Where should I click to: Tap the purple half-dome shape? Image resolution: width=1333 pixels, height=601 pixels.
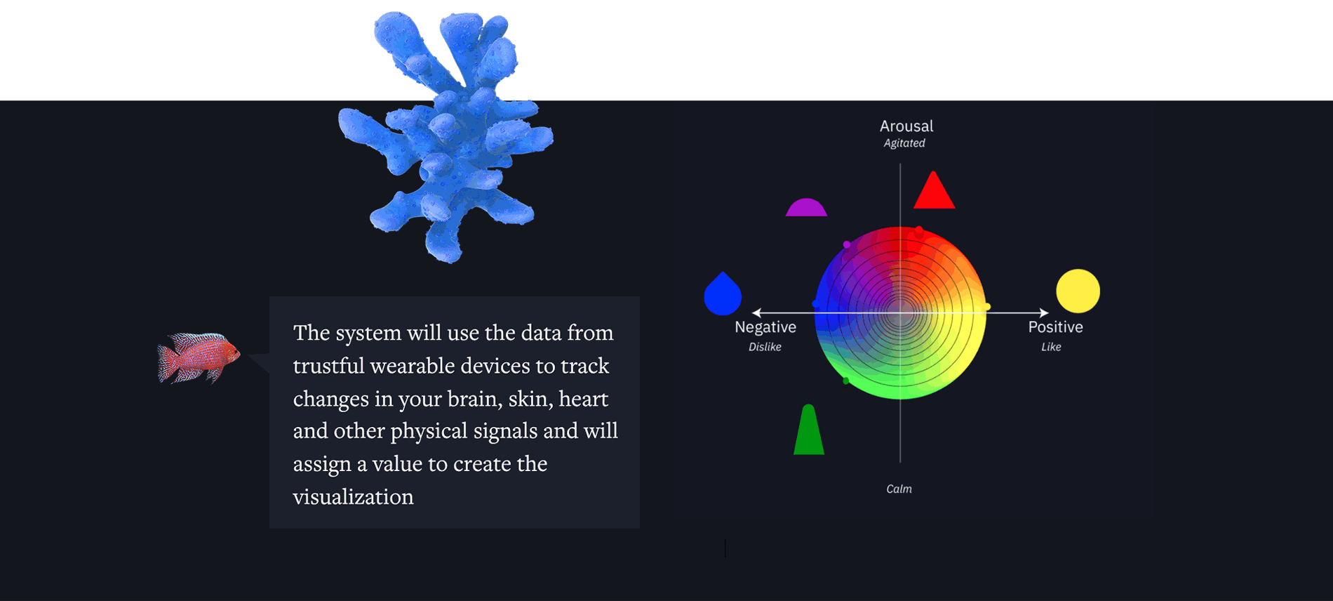pyautogui.click(x=806, y=209)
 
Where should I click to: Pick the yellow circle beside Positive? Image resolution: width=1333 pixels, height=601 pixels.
pyautogui.click(x=1078, y=291)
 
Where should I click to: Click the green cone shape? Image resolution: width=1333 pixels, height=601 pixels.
pyautogui.click(x=808, y=431)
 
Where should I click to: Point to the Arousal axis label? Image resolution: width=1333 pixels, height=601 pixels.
pyautogui.click(x=906, y=126)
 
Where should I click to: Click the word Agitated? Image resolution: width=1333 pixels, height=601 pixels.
pyautogui.click(x=904, y=143)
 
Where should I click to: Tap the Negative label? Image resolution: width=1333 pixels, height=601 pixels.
pyautogui.click(x=765, y=327)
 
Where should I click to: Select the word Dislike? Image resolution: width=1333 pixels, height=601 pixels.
pyautogui.click(x=765, y=347)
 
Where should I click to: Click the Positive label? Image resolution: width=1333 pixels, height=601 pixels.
pyautogui.click(x=1055, y=327)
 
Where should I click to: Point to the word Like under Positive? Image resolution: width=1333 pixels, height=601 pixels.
pyautogui.click(x=1051, y=347)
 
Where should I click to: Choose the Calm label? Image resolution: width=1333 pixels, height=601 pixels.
pyautogui.click(x=899, y=489)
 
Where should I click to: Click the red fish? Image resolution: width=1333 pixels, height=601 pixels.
pyautogui.click(x=199, y=358)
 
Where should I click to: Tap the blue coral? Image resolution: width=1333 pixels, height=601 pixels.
pyautogui.click(x=446, y=133)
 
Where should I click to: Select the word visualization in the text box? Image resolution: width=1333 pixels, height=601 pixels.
pyautogui.click(x=354, y=497)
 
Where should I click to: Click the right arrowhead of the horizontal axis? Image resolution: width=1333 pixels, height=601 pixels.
pyautogui.click(x=1045, y=312)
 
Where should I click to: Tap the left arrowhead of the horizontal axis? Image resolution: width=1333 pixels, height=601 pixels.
pyautogui.click(x=756, y=312)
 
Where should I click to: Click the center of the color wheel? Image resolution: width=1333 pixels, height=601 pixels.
pyautogui.click(x=900, y=313)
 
